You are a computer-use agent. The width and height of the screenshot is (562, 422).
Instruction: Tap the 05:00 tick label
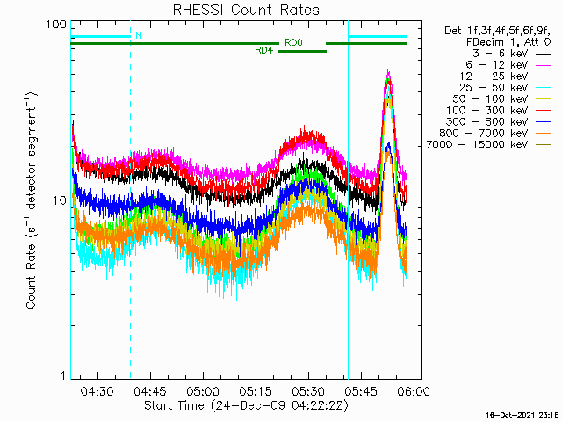[x=203, y=391]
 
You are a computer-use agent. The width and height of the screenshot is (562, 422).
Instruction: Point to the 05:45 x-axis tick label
[x=361, y=391]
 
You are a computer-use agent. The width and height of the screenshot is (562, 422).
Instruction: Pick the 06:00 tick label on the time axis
[x=414, y=391]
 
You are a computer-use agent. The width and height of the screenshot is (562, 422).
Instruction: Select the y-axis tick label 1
[x=62, y=376]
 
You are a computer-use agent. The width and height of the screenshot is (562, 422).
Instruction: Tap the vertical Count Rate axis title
[x=32, y=200]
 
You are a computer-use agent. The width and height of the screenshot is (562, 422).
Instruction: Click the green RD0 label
[x=293, y=42]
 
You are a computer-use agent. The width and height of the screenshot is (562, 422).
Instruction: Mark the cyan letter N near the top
[x=138, y=35]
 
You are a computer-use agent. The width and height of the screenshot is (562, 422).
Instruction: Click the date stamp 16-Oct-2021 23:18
[x=523, y=414]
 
